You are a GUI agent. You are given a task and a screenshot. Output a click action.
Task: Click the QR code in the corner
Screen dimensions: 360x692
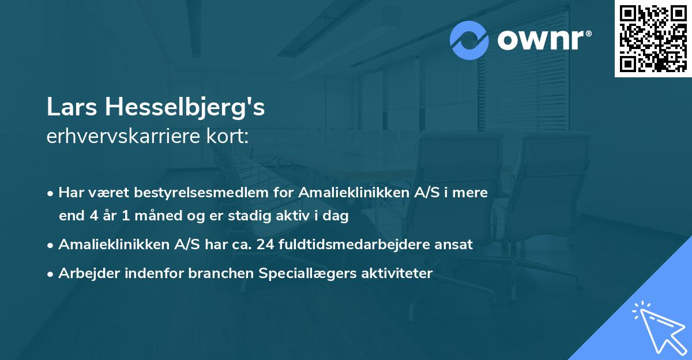coord(652,39)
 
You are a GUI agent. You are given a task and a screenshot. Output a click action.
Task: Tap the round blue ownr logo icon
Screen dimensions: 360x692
coord(470,40)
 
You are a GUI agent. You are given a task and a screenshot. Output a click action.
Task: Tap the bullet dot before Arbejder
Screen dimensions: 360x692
coord(51,273)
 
